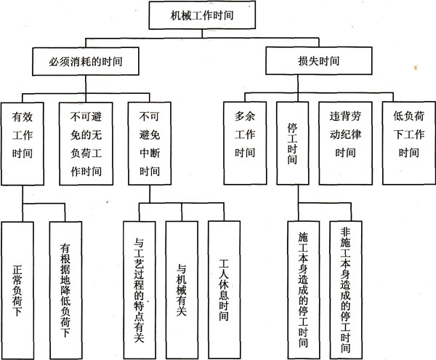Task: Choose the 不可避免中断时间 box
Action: click(149, 141)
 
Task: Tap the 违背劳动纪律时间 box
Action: click(346, 134)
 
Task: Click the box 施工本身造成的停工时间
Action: click(304, 288)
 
